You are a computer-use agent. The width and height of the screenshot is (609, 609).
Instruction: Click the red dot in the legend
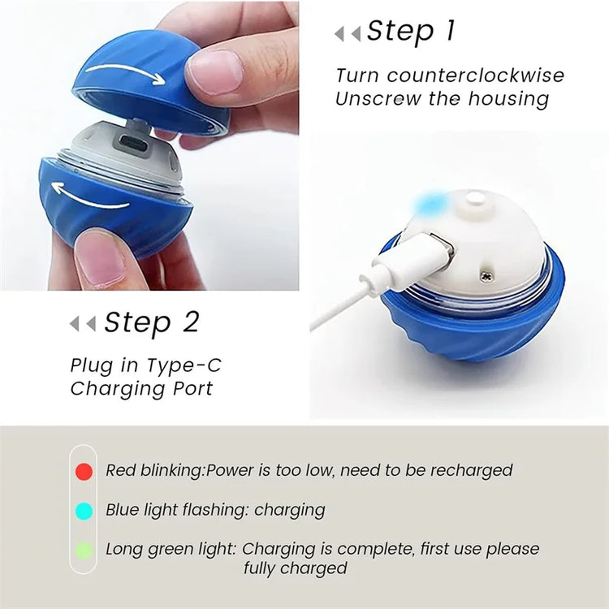point(84,471)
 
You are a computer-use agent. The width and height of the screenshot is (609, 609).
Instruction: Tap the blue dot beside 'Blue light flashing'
point(84,511)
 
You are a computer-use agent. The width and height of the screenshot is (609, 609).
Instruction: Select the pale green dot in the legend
point(84,550)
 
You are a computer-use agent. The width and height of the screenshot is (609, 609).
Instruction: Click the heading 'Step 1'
point(410,32)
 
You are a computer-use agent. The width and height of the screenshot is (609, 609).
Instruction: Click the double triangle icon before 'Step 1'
point(348,33)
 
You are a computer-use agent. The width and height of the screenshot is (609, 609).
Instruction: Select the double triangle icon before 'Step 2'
point(82,323)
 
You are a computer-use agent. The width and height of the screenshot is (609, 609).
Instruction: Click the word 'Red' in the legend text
point(121,470)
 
